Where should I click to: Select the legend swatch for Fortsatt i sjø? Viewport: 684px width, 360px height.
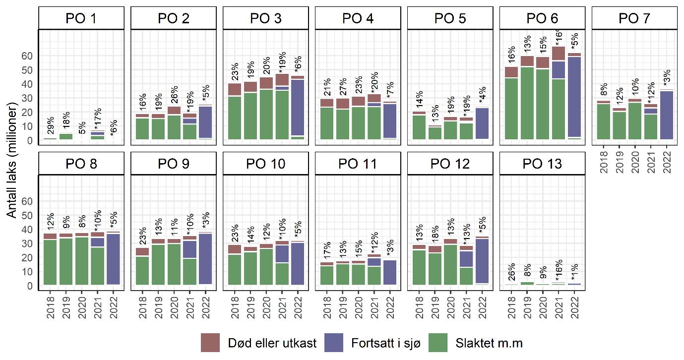[334, 343]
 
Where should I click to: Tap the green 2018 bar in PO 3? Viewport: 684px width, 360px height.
[235, 118]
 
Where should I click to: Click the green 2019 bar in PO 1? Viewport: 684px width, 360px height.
[66, 136]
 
